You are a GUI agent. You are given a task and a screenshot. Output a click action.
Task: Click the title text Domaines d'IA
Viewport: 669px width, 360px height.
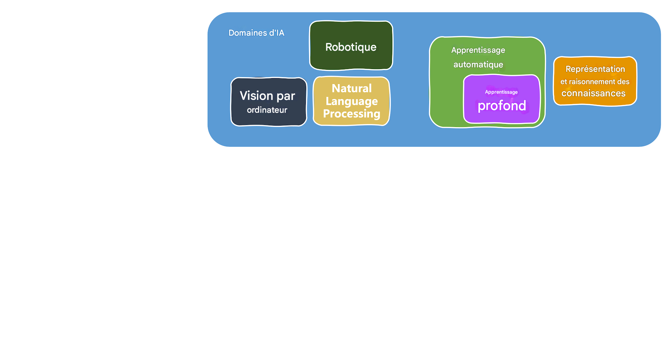tap(256, 33)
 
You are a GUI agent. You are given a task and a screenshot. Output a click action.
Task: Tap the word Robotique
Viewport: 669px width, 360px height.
tap(351, 47)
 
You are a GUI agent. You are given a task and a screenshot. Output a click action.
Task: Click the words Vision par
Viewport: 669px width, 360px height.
tap(267, 96)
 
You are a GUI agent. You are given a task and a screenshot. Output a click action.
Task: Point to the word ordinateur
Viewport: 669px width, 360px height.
tap(267, 110)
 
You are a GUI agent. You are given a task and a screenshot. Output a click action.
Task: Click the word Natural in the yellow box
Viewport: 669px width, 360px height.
tap(351, 89)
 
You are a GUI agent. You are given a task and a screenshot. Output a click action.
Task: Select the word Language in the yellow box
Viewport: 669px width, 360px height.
tap(351, 101)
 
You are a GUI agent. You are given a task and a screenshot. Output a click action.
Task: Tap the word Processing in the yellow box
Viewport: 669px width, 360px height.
tap(351, 114)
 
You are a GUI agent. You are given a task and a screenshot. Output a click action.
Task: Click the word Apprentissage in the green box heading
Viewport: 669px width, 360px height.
tap(478, 50)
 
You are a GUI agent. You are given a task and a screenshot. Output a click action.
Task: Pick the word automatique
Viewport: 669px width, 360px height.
tap(478, 65)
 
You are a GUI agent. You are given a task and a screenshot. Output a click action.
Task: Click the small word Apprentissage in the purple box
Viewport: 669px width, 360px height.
tap(501, 92)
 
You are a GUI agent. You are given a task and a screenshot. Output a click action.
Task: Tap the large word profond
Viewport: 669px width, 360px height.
tap(502, 106)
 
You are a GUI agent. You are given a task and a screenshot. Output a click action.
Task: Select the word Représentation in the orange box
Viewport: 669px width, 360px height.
tap(595, 69)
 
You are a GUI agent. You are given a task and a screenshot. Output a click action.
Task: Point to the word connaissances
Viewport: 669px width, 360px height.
tap(593, 93)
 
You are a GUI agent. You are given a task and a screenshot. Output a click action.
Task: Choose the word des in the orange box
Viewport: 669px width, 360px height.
tap(624, 82)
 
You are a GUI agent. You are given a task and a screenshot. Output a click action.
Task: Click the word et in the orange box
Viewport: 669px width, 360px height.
tap(563, 82)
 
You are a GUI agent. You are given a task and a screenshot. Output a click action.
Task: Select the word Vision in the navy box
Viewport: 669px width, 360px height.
tap(256, 96)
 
